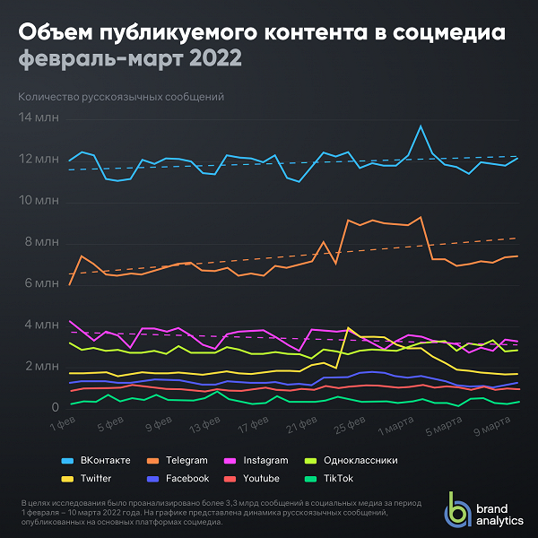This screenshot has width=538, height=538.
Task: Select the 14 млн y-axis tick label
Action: [39, 117]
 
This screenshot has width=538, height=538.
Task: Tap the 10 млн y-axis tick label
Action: [39, 201]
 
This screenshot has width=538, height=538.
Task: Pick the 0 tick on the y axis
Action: [56, 408]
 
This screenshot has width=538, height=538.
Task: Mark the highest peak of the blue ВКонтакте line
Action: [421, 126]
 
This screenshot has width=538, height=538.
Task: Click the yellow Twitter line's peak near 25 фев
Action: [348, 328]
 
